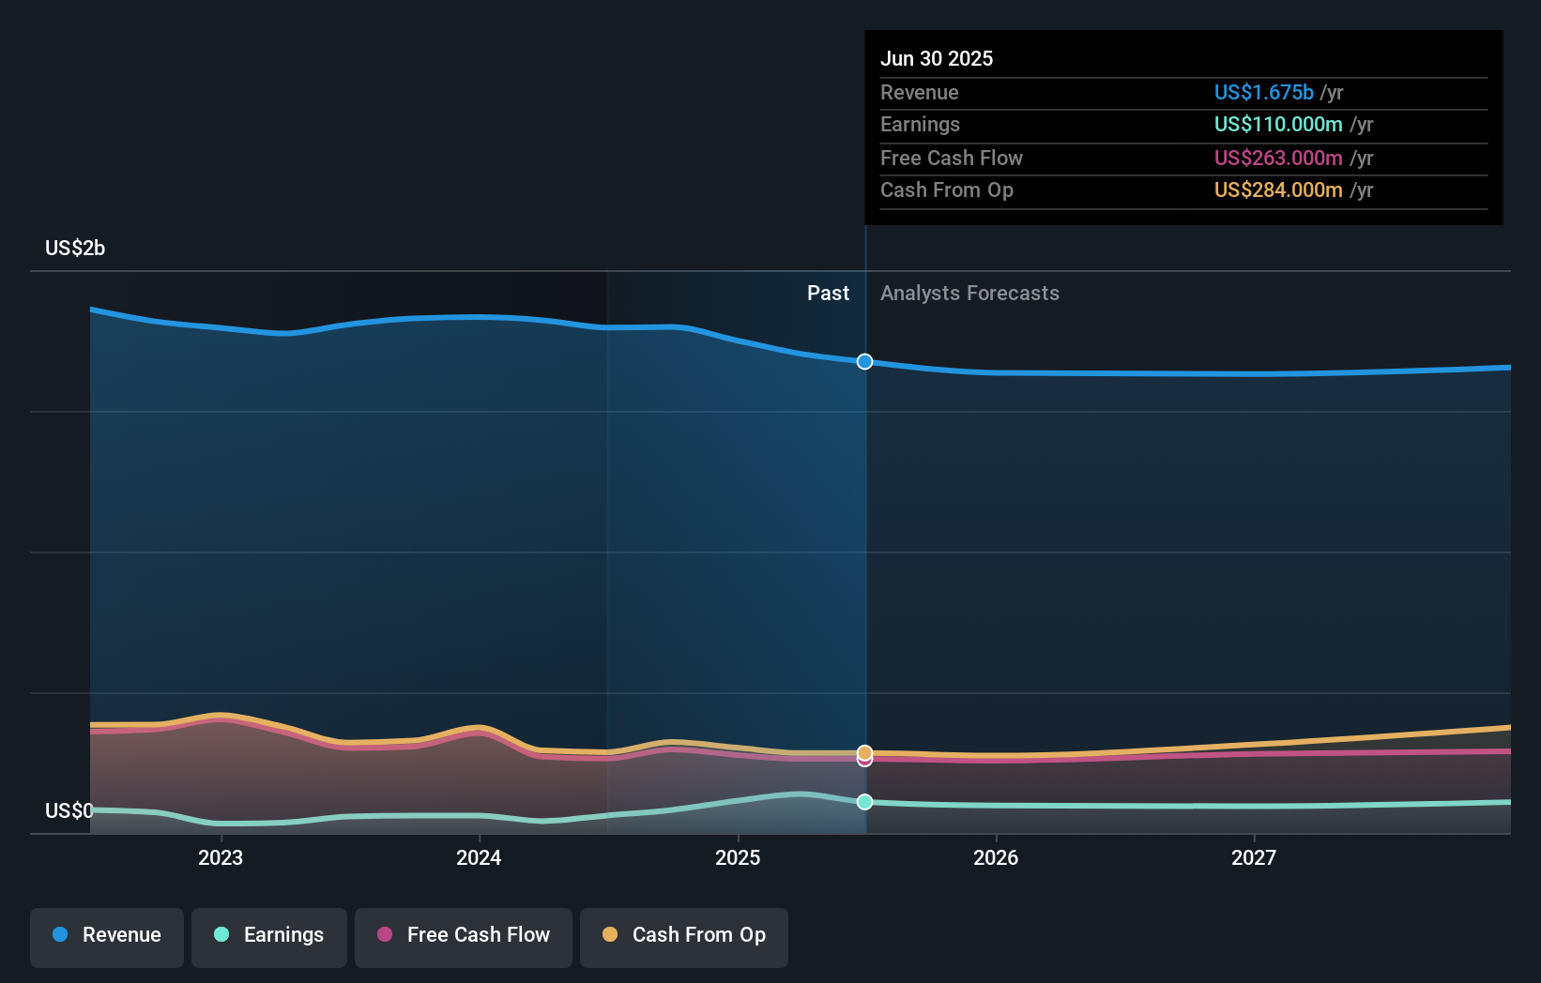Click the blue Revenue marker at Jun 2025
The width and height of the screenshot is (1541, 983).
[x=864, y=362]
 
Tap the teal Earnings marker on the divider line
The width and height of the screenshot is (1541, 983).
[x=864, y=802]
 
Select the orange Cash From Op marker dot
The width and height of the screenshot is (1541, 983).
[x=864, y=752]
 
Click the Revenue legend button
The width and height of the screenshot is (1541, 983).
[x=107, y=935]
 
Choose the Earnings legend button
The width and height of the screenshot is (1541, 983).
[x=269, y=935]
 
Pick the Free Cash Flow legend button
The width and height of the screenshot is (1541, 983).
[x=464, y=935]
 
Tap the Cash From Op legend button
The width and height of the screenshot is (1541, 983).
[x=684, y=935]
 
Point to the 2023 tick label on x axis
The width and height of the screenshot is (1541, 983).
[x=221, y=857]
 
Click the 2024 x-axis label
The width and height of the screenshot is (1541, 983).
[x=479, y=857]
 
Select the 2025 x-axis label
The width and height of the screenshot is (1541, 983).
[x=738, y=857]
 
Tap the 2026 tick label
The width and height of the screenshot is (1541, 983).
[x=996, y=857]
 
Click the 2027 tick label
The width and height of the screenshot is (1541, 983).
[x=1254, y=857]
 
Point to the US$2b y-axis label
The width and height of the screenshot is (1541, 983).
[x=75, y=249]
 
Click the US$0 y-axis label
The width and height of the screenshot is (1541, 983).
[x=69, y=810]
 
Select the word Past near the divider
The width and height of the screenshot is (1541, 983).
[x=828, y=294]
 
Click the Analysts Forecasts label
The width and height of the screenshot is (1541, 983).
[x=969, y=294]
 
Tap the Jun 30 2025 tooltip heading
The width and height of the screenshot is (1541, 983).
[x=937, y=58]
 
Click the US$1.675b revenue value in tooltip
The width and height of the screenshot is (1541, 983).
[x=1263, y=92]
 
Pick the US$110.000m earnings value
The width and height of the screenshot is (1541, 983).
[x=1278, y=125]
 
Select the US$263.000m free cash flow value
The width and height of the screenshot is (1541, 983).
[x=1278, y=158]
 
